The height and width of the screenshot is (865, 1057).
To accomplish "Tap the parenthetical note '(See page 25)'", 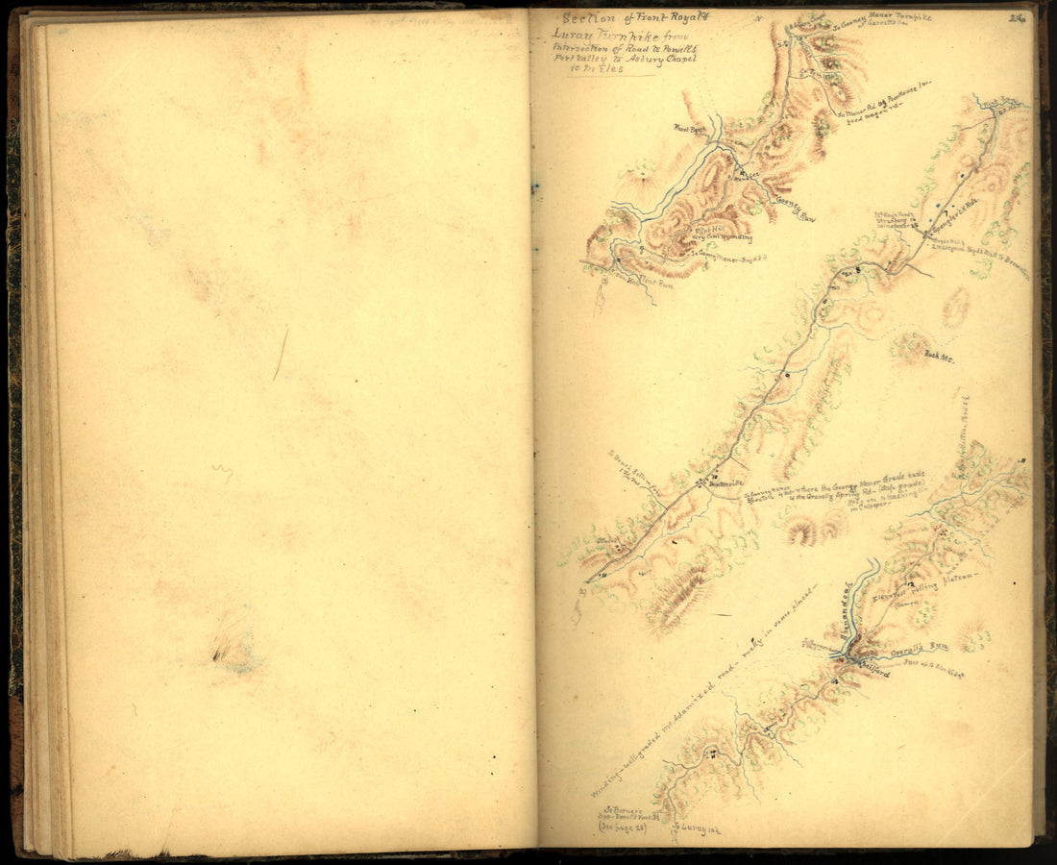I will point(621,824).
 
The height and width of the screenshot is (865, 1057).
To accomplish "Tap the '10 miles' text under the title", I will point(598,69).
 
